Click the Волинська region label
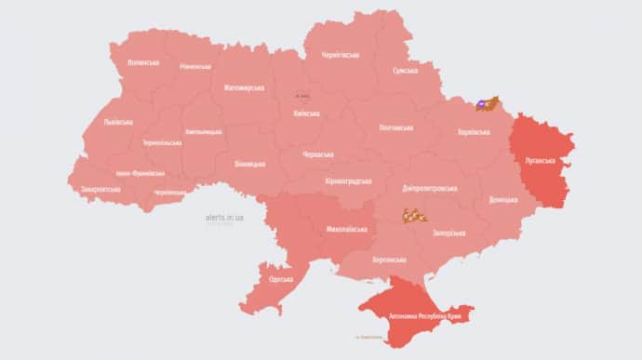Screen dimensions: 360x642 pos(141,62)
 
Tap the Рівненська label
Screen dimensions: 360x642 pos(195,67)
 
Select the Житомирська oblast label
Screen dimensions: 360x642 pos(244,87)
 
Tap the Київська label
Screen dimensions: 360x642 pos(306,113)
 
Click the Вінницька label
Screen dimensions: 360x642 pos(249,164)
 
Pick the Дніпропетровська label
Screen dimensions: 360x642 pos(431,187)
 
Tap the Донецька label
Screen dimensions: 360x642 pos(504,199)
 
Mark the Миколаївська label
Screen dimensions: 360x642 pos(345,228)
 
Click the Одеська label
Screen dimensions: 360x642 pos(280,279)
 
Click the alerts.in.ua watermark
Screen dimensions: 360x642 pos(224,217)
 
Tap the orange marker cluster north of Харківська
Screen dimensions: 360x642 pos(488,104)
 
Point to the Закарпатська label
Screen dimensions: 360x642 pos(100,189)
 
